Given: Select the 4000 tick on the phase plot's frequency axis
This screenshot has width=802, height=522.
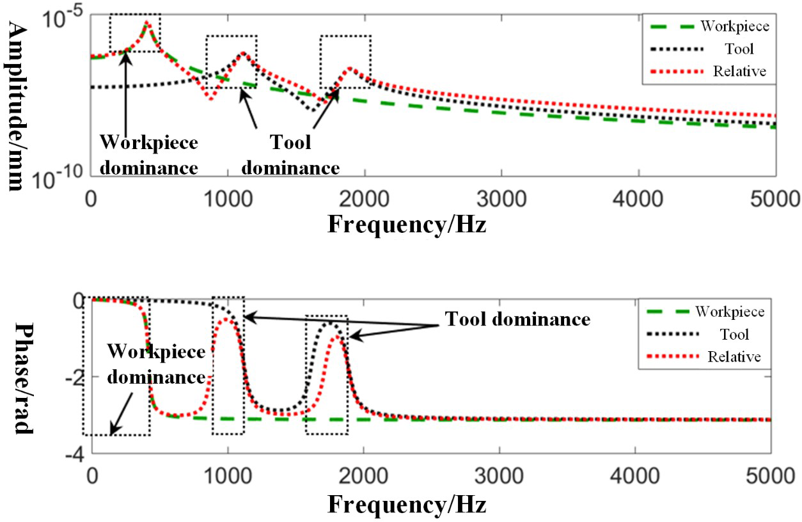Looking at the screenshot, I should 634,478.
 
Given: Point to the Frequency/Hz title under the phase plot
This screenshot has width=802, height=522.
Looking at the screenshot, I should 407,505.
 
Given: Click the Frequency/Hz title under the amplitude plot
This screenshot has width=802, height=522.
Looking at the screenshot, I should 407,224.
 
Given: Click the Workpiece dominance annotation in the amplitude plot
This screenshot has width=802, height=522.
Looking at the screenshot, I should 148,155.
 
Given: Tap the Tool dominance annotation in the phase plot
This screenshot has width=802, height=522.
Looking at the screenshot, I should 517,319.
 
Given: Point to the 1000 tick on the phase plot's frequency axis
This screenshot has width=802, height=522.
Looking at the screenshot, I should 228,478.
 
